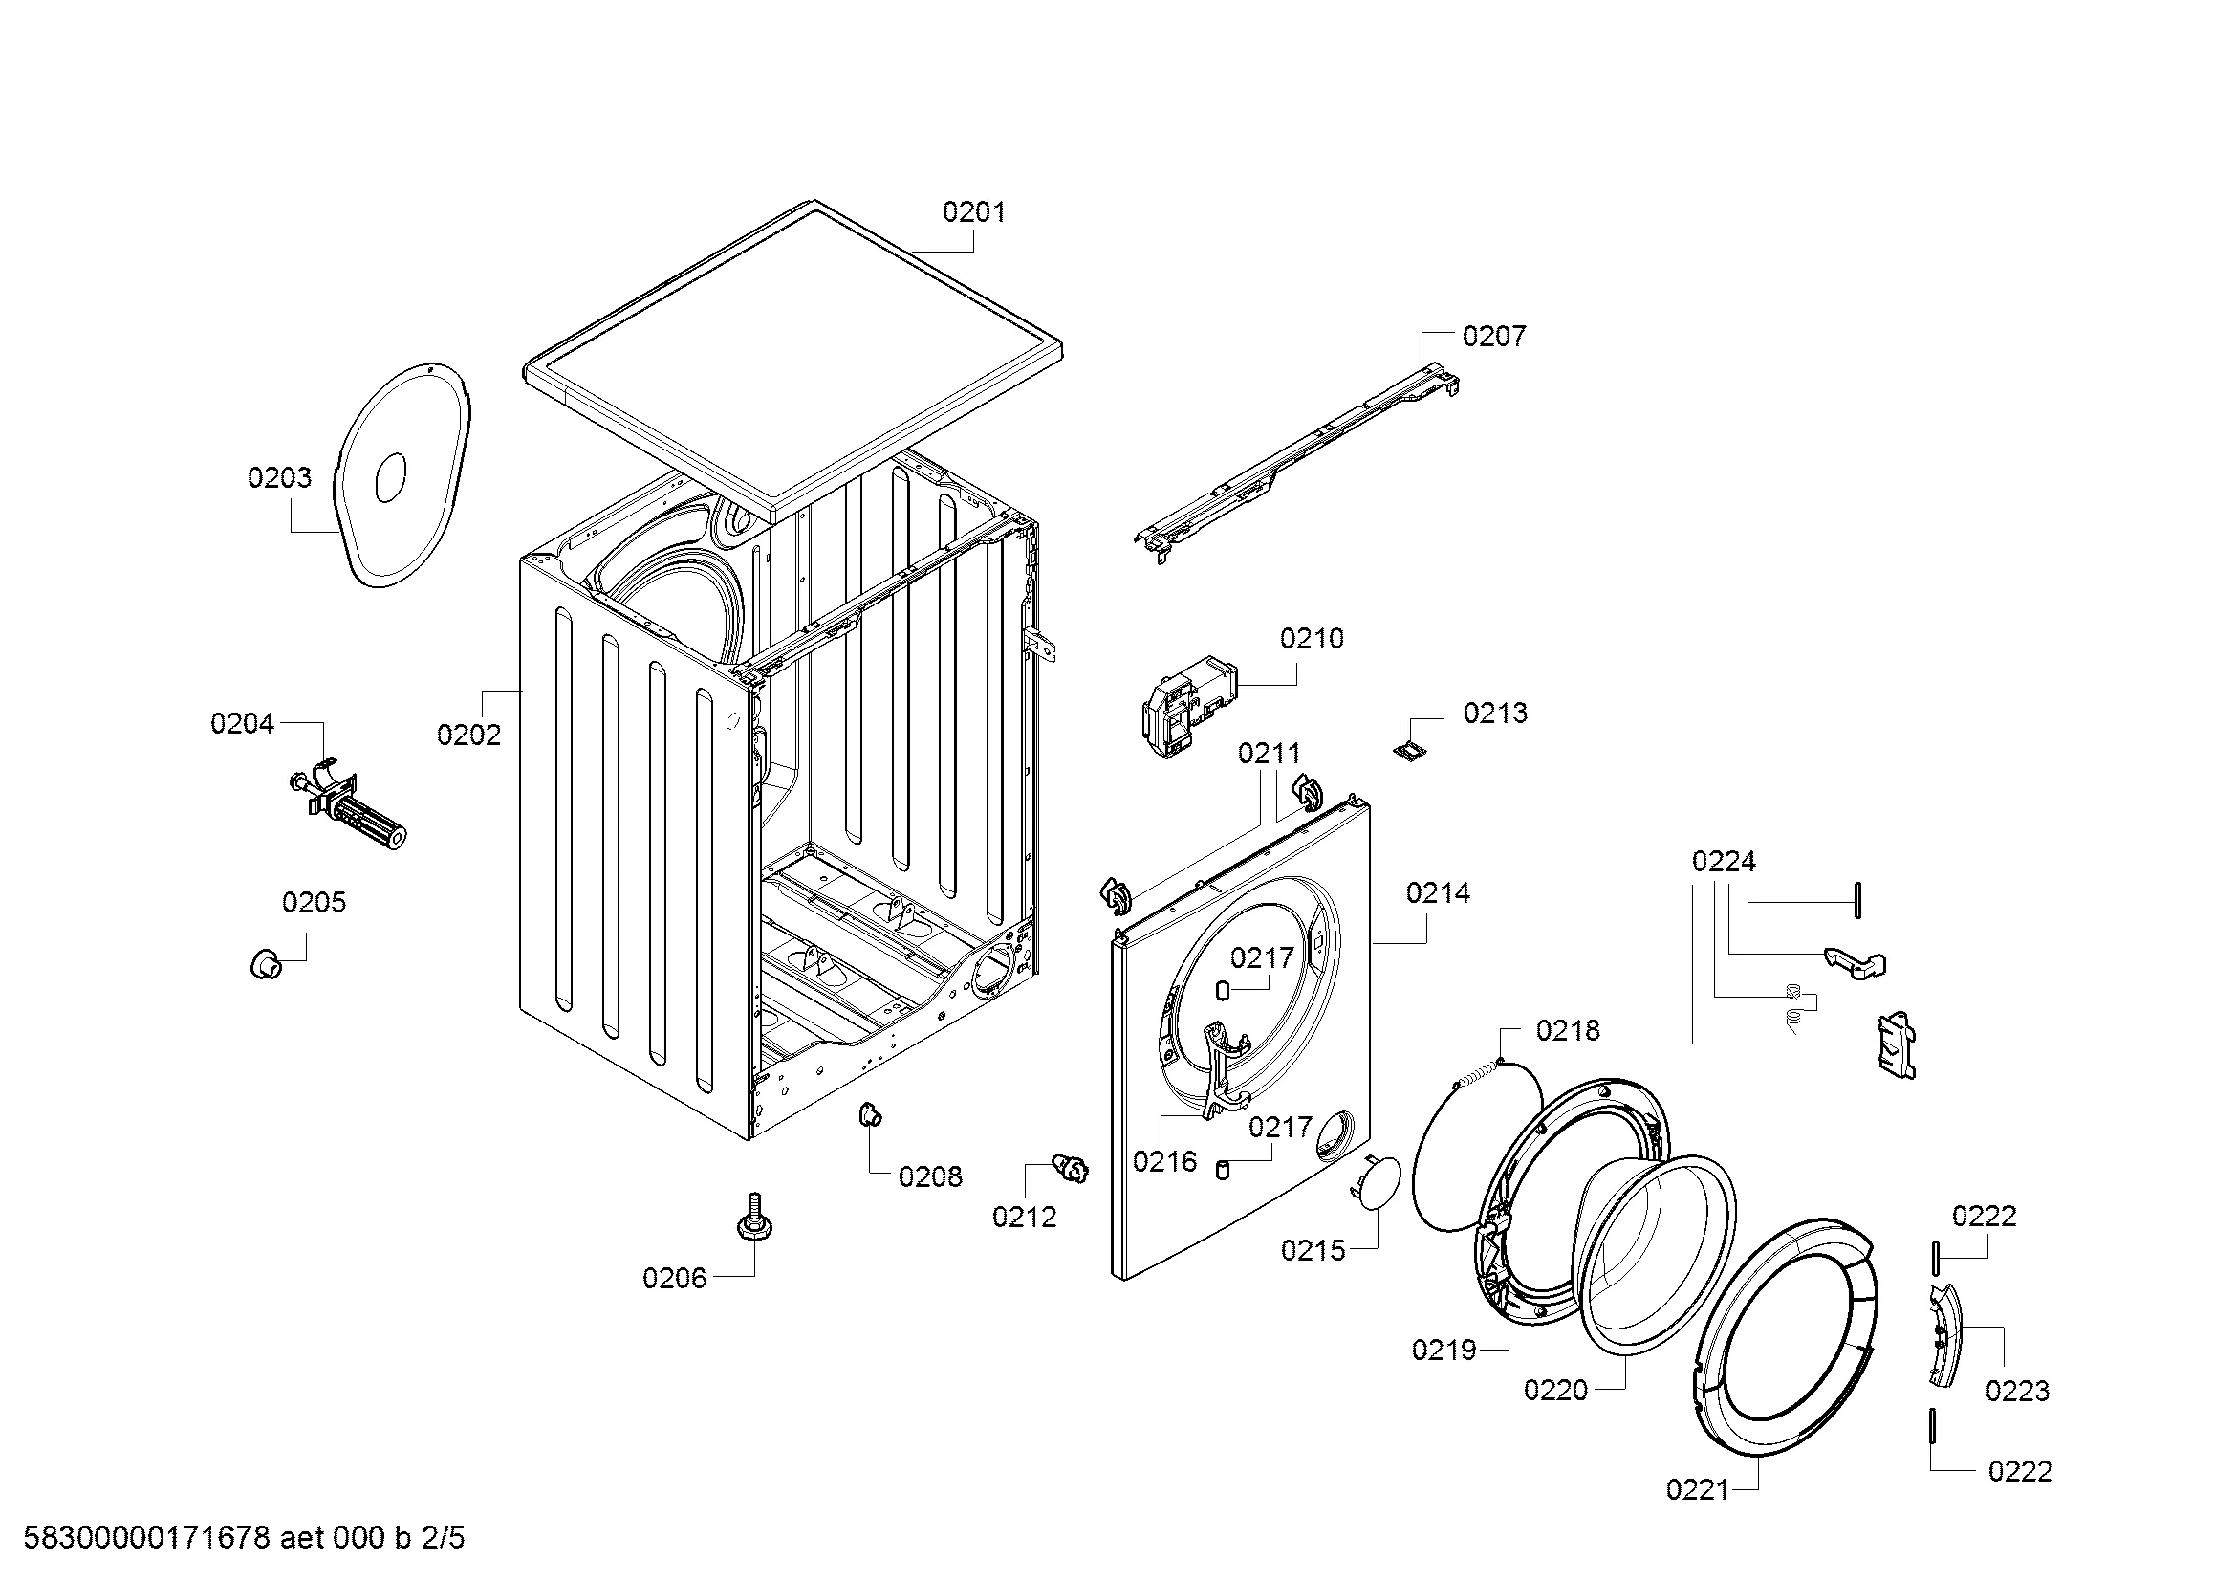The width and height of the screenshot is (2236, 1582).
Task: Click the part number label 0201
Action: point(973,212)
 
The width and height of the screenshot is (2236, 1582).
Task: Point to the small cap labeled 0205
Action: point(265,964)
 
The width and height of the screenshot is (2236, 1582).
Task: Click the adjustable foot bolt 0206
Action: point(751,1218)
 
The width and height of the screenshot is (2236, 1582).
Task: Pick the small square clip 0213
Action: point(1406,748)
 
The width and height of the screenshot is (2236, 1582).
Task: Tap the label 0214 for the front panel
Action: point(1438,893)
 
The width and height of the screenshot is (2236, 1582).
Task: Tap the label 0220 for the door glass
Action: point(1555,1390)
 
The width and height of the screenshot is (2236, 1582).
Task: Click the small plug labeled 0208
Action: point(869,1113)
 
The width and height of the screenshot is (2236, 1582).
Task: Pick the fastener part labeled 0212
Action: point(1072,1167)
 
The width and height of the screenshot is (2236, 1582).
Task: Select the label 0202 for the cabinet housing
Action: point(468,735)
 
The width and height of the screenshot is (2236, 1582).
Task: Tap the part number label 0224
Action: point(1723,862)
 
